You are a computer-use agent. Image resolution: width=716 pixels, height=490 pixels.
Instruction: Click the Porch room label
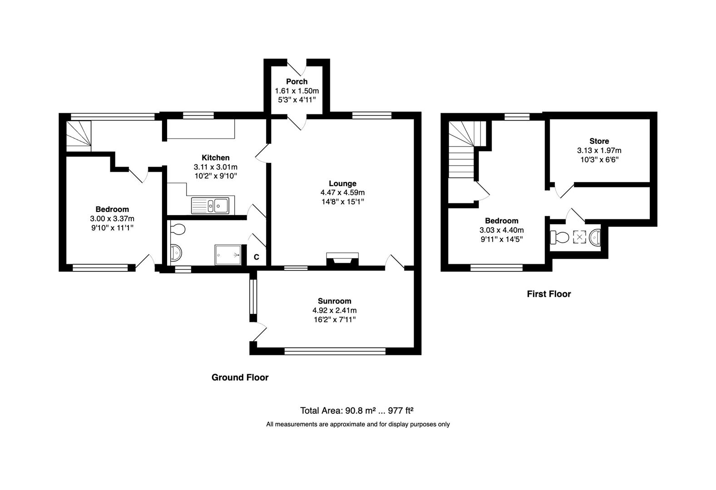296,82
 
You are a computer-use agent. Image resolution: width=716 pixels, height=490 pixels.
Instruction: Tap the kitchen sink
210,206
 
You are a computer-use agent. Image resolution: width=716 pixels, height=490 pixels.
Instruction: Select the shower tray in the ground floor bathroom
228,255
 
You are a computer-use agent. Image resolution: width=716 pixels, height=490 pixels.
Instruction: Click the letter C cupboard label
257,257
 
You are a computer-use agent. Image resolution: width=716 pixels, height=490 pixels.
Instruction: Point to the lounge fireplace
342,259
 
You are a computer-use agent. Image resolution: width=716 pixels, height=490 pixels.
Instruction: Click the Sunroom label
334,301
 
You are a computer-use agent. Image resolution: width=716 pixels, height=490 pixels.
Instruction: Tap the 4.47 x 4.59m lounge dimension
342,193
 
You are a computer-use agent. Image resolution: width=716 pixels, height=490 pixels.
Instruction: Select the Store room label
599,141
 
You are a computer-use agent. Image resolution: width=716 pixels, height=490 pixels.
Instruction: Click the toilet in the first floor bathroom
559,237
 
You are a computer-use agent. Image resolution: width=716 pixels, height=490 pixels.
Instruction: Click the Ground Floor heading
240,377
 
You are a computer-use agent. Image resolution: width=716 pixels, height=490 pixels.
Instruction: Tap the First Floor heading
549,294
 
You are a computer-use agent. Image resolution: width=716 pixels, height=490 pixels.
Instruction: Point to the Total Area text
357,411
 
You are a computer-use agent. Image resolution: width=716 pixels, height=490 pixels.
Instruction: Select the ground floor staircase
79,136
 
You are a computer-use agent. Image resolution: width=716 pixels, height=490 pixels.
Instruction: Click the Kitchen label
216,157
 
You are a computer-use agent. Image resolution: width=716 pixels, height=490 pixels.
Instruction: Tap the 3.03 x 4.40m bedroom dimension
502,230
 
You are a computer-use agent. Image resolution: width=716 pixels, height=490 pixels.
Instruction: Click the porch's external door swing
297,68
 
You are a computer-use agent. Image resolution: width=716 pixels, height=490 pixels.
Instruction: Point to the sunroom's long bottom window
335,351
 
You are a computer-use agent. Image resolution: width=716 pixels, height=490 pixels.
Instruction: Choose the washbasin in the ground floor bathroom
176,253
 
